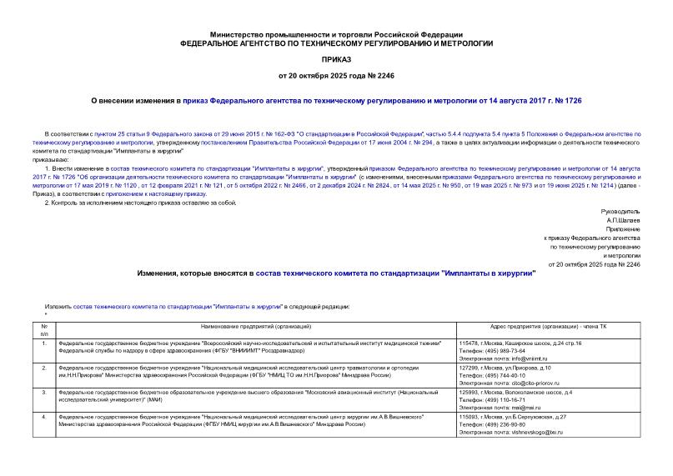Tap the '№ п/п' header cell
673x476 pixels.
click(x=44, y=331)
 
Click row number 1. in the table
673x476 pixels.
click(x=44, y=343)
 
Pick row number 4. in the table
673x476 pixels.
click(x=44, y=416)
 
